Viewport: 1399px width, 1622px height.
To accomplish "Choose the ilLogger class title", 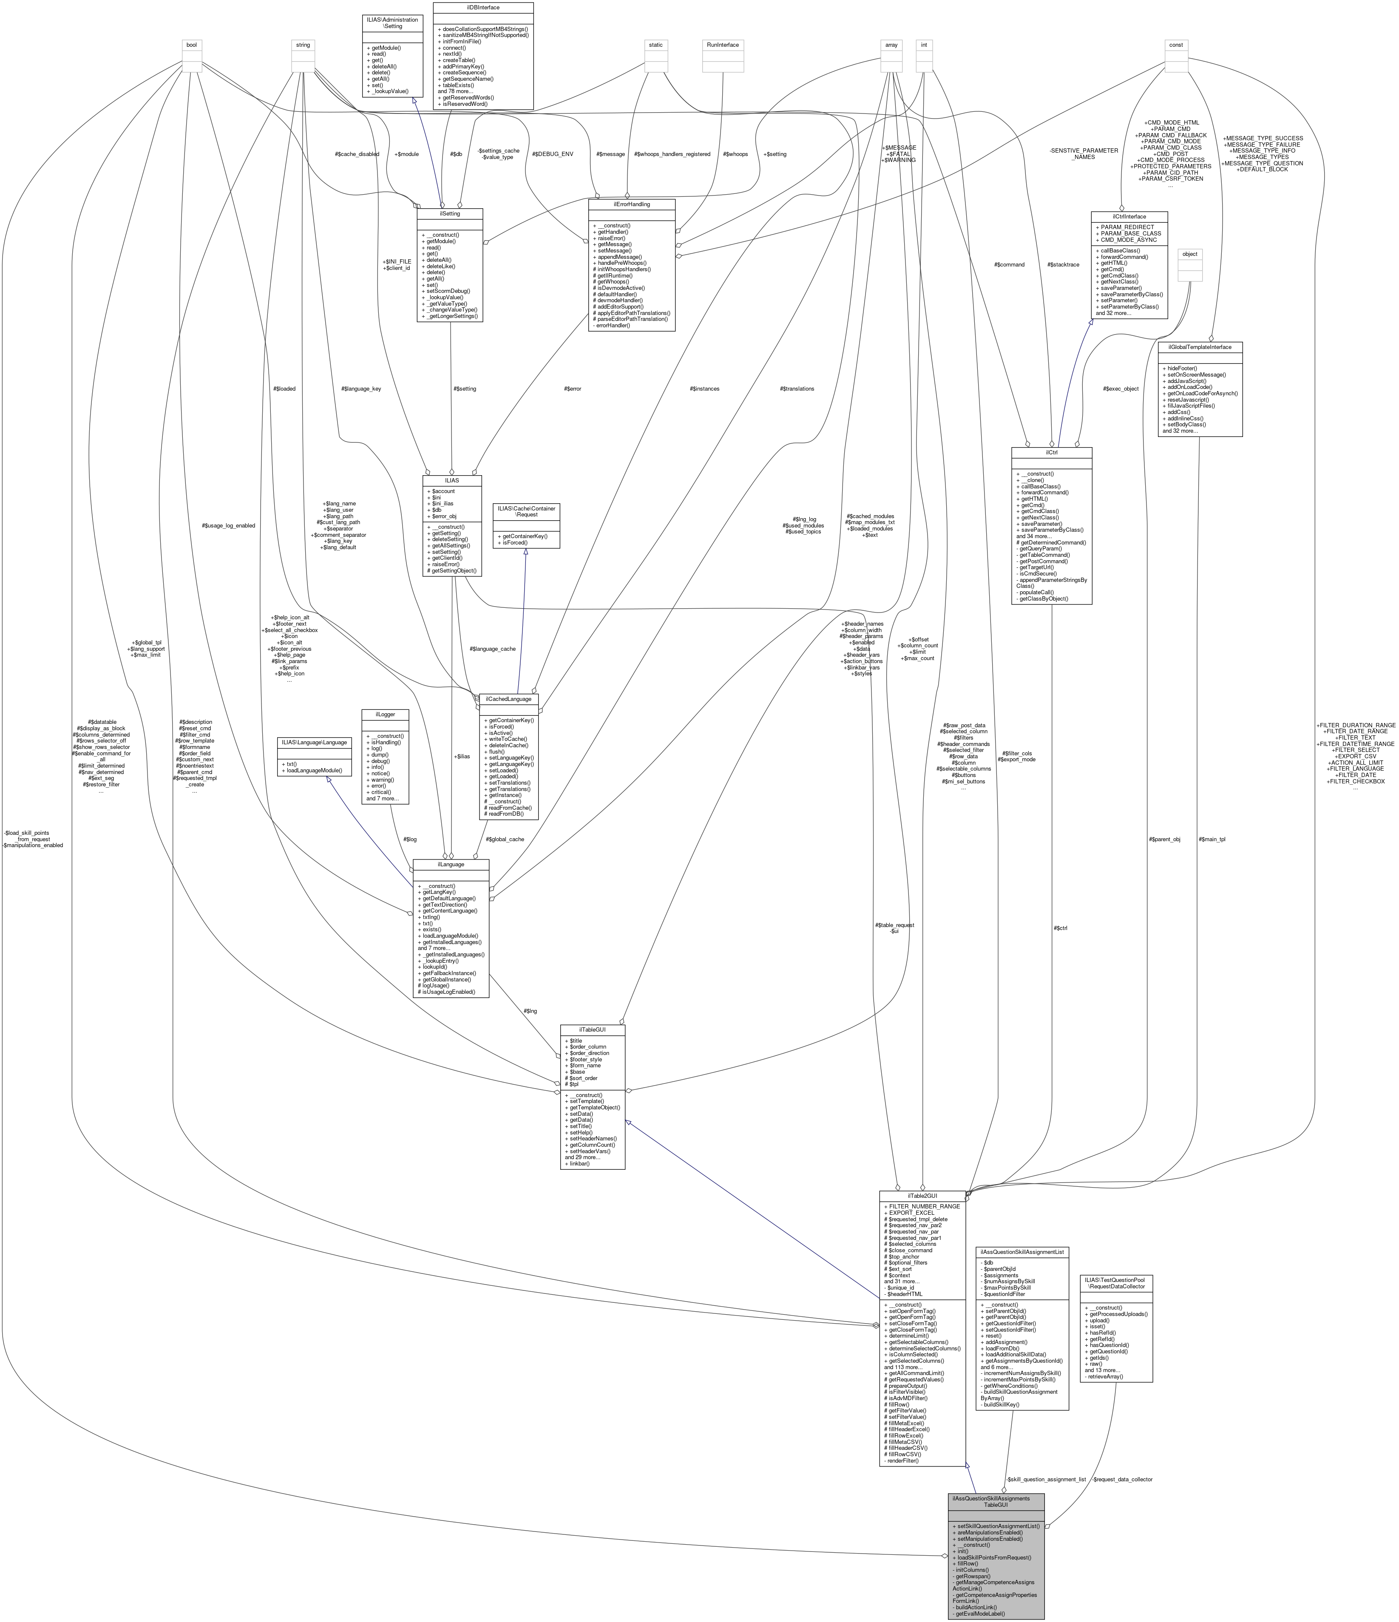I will point(385,714).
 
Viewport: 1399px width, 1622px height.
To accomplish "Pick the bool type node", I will point(191,45).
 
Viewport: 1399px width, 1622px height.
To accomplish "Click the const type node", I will point(1176,45).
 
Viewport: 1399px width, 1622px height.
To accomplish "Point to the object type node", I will point(1189,254).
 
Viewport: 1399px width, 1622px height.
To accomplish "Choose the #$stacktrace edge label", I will point(1062,264).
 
